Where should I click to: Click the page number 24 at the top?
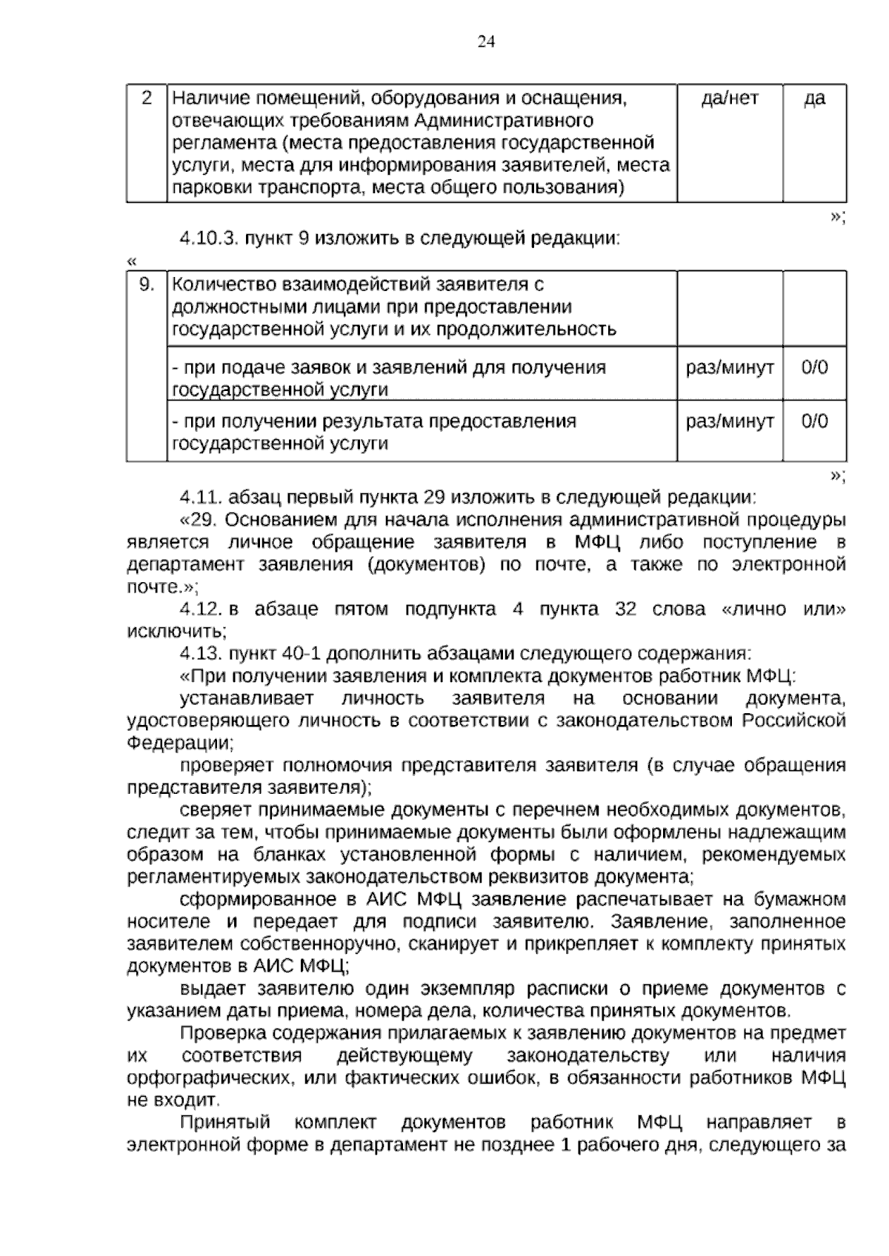point(486,42)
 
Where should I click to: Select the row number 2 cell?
point(147,98)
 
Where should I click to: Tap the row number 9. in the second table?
point(147,285)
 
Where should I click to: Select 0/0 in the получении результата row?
point(814,421)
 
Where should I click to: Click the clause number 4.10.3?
point(208,239)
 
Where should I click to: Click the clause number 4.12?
point(202,609)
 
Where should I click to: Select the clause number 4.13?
point(202,654)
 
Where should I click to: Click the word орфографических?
point(211,1078)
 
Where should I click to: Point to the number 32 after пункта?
point(626,609)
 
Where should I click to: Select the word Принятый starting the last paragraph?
point(225,1123)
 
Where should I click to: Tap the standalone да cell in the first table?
point(814,98)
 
